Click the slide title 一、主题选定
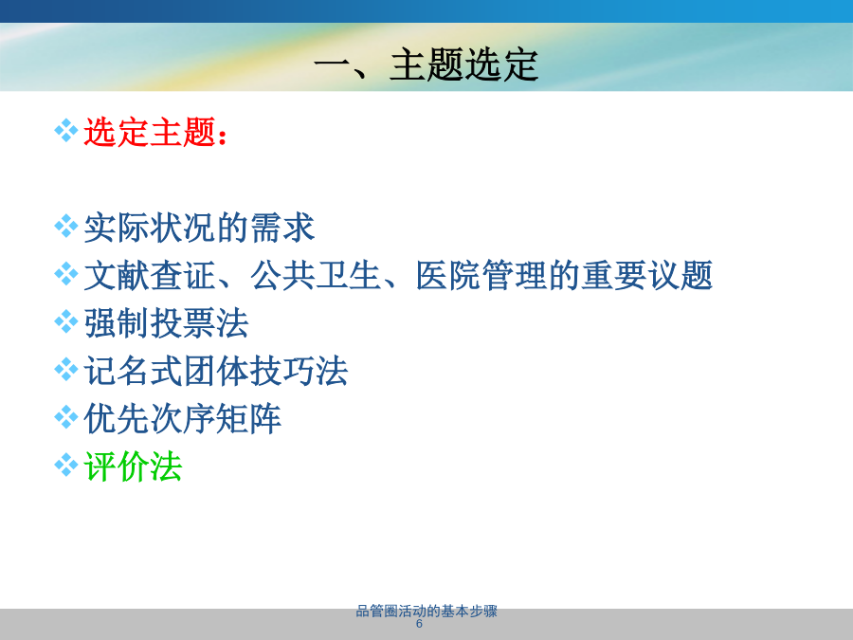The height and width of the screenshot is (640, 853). (x=426, y=64)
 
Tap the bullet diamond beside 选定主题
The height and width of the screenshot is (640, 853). (x=65, y=131)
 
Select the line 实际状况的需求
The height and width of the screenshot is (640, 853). (x=199, y=228)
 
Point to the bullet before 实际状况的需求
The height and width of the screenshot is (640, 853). (x=65, y=227)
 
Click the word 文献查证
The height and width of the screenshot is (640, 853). (x=150, y=275)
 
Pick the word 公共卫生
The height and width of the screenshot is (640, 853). (x=316, y=275)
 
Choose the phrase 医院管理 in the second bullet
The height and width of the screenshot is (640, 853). (x=481, y=275)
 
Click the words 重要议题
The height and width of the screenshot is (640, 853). (x=646, y=275)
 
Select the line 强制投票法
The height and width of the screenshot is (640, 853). (x=166, y=323)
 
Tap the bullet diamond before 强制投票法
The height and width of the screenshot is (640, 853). (x=65, y=321)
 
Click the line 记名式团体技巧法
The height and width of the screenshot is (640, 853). (x=215, y=371)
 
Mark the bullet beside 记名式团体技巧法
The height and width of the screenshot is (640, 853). (x=65, y=370)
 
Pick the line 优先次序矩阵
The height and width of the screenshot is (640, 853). (x=182, y=419)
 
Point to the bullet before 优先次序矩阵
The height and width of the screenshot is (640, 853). (x=65, y=417)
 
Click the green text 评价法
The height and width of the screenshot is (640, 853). (x=133, y=466)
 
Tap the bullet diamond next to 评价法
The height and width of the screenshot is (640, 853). (x=65, y=466)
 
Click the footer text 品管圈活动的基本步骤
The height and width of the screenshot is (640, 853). (x=426, y=612)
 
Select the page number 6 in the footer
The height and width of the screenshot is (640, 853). (x=419, y=624)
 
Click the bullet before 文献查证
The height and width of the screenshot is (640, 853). (x=65, y=274)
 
